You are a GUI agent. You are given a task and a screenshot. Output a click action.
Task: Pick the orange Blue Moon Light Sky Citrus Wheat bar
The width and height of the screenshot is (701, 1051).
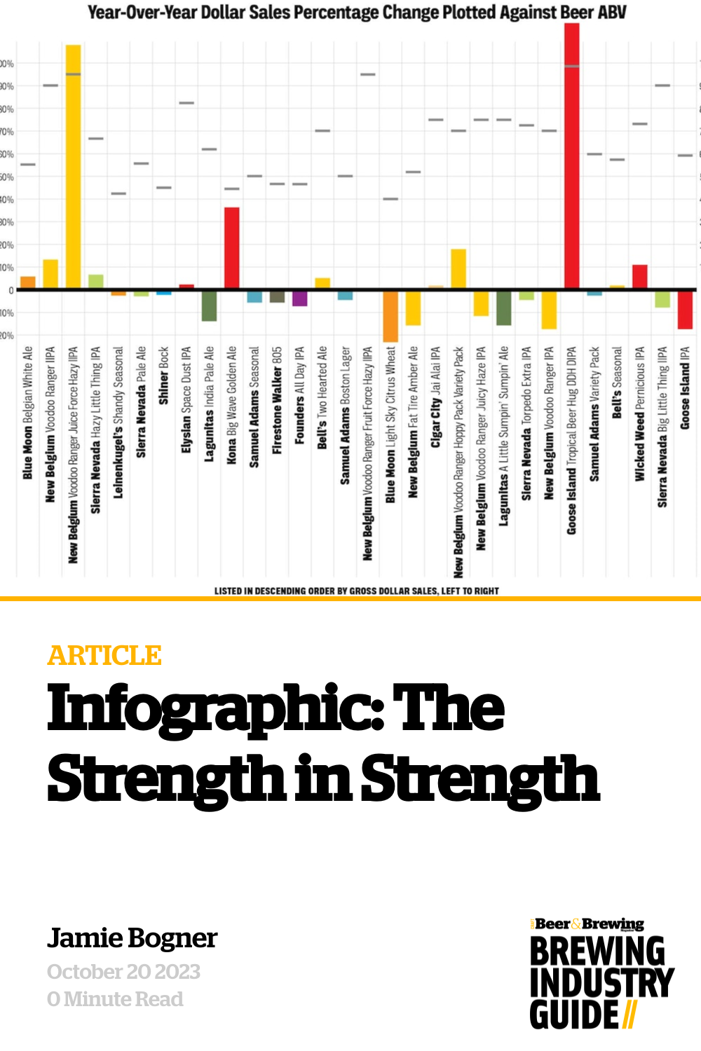click(390, 316)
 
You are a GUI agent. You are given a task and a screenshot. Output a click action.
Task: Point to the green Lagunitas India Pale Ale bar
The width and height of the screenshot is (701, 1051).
click(209, 306)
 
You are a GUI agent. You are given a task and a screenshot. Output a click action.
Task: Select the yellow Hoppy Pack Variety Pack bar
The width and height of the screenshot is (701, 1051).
click(458, 268)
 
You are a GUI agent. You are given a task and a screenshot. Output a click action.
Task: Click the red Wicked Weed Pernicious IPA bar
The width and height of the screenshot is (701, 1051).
click(639, 277)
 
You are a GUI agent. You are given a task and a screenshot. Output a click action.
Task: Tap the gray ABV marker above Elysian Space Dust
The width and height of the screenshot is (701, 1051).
click(186, 103)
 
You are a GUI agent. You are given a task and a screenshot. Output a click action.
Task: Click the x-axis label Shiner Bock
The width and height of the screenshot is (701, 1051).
click(164, 376)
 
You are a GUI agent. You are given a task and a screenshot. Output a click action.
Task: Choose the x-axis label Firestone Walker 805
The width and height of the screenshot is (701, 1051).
click(277, 400)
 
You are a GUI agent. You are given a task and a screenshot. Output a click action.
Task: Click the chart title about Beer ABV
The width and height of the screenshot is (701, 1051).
click(357, 12)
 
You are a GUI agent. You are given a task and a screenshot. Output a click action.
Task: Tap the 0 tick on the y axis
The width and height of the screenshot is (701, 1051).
click(11, 290)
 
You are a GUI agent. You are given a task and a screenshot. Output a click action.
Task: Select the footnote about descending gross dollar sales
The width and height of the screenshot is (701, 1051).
click(357, 591)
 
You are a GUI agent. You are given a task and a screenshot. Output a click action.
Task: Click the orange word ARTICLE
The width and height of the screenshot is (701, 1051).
click(104, 656)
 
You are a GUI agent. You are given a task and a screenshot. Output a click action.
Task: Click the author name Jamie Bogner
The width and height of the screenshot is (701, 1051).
click(132, 938)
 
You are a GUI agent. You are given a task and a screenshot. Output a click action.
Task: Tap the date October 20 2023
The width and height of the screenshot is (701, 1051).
click(123, 972)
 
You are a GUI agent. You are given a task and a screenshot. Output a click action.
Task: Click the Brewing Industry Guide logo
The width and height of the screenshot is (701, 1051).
click(601, 974)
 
